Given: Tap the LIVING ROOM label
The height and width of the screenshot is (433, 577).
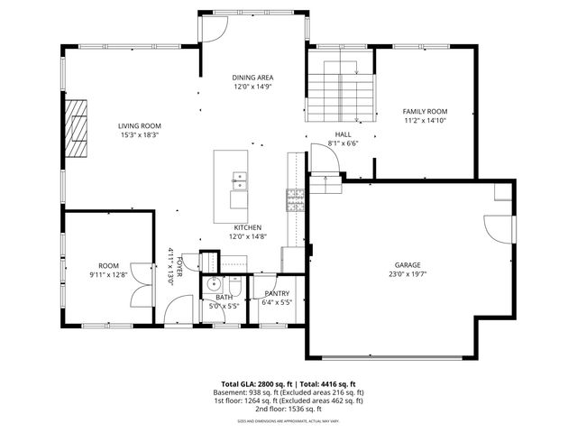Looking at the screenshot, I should pyautogui.click(x=140, y=126).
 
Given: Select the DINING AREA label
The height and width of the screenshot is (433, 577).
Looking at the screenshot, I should pyautogui.click(x=253, y=78).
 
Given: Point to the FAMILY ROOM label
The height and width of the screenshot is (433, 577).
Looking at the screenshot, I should pyautogui.click(x=425, y=111).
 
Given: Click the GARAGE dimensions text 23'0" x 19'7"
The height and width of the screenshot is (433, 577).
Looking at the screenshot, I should pyautogui.click(x=408, y=274).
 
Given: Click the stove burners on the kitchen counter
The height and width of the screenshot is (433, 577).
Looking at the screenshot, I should pyautogui.click(x=295, y=198).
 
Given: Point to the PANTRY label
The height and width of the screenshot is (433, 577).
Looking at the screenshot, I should pyautogui.click(x=277, y=293).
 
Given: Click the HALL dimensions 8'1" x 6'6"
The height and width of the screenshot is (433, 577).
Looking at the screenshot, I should pyautogui.click(x=343, y=143).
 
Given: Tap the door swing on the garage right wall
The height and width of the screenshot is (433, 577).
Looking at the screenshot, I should pyautogui.click(x=496, y=231).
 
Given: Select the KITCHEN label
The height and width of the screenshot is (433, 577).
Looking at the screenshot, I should pyautogui.click(x=248, y=227).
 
